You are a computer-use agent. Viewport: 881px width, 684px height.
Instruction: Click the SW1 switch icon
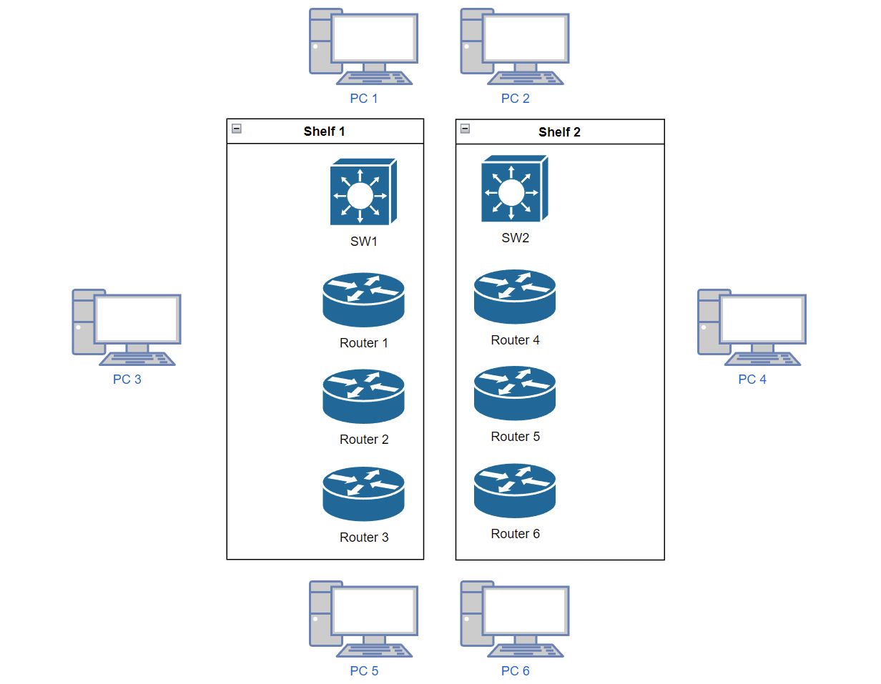(363, 192)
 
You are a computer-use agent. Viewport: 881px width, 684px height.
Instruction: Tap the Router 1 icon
(363, 299)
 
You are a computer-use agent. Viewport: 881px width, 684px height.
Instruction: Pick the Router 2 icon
(363, 395)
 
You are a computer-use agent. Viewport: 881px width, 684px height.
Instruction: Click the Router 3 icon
(363, 493)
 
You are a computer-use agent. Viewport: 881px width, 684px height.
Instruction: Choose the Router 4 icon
(514, 296)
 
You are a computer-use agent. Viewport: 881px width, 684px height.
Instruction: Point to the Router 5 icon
(514, 392)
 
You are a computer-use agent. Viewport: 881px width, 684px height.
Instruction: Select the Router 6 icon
(514, 490)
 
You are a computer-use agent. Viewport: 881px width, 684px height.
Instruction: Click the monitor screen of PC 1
(373, 37)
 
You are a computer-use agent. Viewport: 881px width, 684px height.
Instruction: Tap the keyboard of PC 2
(525, 78)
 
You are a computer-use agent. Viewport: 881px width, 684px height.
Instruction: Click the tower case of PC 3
(83, 322)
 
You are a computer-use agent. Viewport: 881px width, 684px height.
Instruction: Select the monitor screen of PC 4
(762, 319)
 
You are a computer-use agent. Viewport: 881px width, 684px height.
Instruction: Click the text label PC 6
(515, 671)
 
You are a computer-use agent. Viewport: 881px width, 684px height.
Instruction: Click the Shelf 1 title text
(324, 132)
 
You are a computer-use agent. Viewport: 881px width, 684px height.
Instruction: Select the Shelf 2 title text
(559, 132)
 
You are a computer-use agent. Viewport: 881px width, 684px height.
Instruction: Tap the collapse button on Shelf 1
(237, 129)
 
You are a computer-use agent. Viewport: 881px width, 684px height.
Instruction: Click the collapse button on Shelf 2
(466, 129)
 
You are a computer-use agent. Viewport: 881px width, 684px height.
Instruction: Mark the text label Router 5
(515, 437)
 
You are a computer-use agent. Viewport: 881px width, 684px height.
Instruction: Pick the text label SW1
(363, 242)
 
